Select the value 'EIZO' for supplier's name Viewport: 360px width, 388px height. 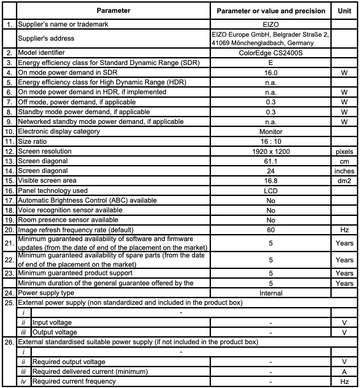[x=271, y=24]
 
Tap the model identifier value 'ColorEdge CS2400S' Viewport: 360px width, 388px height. [x=271, y=53]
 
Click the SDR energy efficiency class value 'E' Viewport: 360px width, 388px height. [x=271, y=63]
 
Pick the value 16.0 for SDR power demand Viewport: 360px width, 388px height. [x=271, y=73]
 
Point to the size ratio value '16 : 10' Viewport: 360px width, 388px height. [x=271, y=142]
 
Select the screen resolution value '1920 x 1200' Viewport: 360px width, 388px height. [x=271, y=151]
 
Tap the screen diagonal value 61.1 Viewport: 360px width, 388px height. [x=271, y=161]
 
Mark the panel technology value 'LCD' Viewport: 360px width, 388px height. [x=271, y=191]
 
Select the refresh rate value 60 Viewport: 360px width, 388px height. [x=271, y=230]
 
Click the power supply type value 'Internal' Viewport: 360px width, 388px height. [x=271, y=293]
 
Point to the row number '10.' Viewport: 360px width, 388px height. [x=9, y=131]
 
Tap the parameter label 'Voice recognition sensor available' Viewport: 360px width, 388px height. [x=70, y=210]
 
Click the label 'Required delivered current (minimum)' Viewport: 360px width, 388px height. [x=90, y=371]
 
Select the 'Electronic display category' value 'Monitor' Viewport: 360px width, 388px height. [x=271, y=131]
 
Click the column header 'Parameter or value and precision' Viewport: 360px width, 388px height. [x=271, y=11]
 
